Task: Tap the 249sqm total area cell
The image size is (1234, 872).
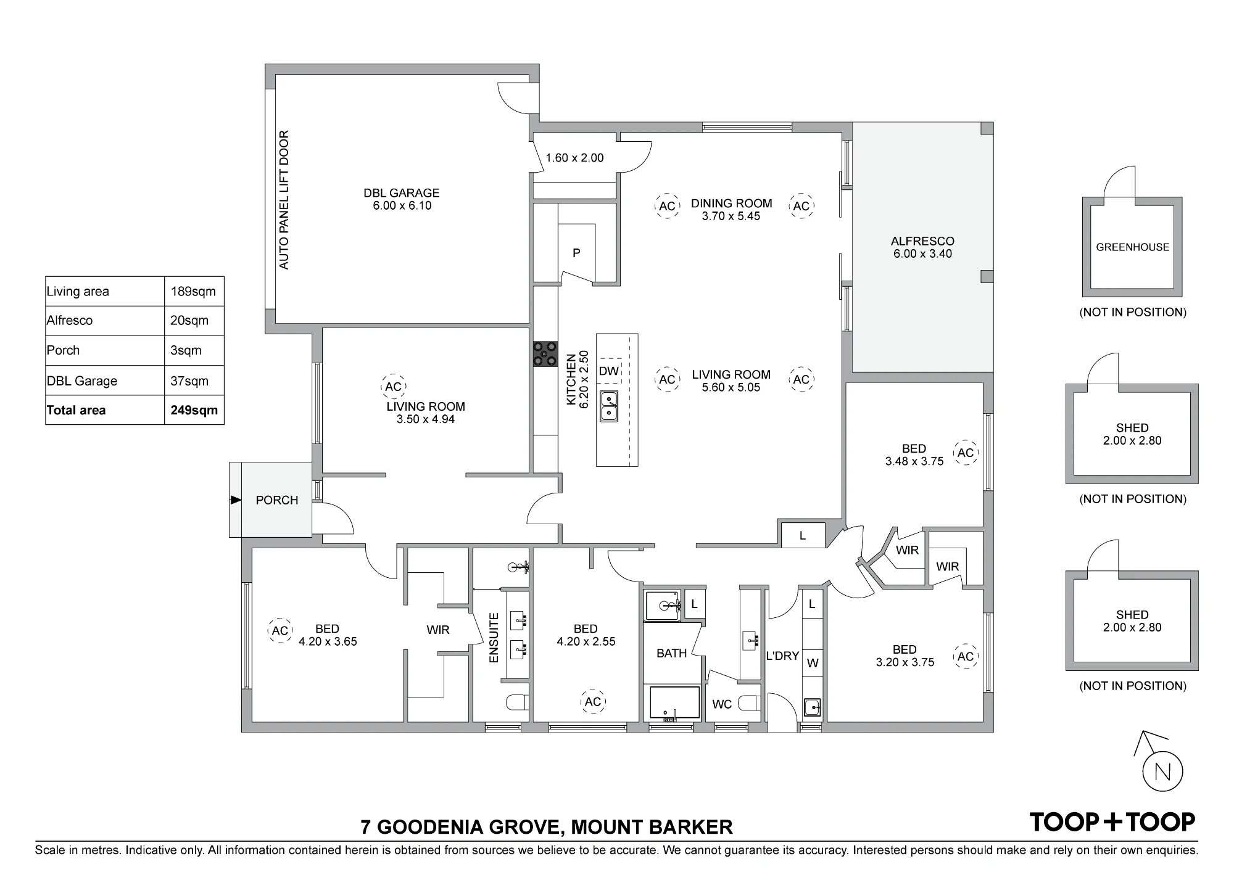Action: pyautogui.click(x=194, y=410)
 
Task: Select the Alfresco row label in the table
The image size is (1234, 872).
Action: pyautogui.click(x=70, y=321)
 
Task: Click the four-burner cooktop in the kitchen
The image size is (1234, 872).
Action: pyautogui.click(x=545, y=354)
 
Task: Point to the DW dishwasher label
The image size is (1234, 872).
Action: pyautogui.click(x=608, y=371)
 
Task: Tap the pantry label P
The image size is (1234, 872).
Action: pyautogui.click(x=576, y=253)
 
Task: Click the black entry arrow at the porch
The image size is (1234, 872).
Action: pyautogui.click(x=236, y=500)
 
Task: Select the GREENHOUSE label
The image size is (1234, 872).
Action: pyautogui.click(x=1132, y=247)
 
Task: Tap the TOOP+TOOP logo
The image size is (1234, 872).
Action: pyautogui.click(x=1112, y=821)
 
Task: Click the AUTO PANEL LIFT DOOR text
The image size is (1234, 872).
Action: pyautogui.click(x=284, y=200)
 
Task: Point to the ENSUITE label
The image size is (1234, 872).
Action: pyautogui.click(x=494, y=638)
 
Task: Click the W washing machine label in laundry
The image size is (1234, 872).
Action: pyautogui.click(x=813, y=664)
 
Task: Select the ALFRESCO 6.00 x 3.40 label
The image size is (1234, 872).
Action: pyautogui.click(x=922, y=247)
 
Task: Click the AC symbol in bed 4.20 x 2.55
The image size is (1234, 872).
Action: pyautogui.click(x=593, y=702)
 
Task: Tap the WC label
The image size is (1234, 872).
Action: pyautogui.click(x=722, y=704)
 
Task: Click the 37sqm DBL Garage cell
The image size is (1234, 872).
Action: pyautogui.click(x=189, y=381)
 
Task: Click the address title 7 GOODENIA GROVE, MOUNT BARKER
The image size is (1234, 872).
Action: pyautogui.click(x=547, y=827)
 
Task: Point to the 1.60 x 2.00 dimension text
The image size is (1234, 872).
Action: pyautogui.click(x=574, y=158)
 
